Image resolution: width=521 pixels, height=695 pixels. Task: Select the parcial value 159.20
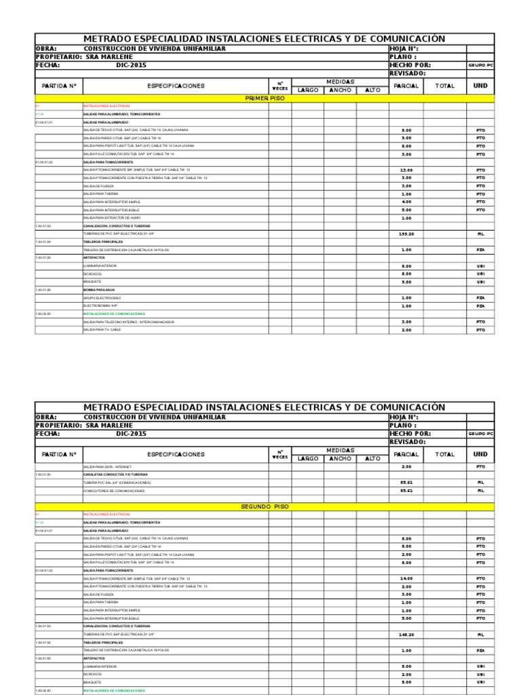pyautogui.click(x=406, y=234)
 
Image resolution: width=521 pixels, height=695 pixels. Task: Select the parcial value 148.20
pyautogui.click(x=406, y=635)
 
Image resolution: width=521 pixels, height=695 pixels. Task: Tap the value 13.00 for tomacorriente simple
pyautogui.click(x=406, y=170)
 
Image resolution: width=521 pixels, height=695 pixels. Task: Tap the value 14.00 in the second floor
pyautogui.click(x=406, y=578)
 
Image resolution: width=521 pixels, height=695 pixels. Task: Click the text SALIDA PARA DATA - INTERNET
pyautogui.click(x=109, y=468)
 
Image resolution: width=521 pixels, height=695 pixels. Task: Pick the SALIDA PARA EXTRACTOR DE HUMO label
pyautogui.click(x=111, y=218)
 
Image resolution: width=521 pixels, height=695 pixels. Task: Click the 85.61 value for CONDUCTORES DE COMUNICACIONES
pyautogui.click(x=406, y=491)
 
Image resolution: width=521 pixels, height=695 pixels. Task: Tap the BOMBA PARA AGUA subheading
pyautogui.click(x=99, y=290)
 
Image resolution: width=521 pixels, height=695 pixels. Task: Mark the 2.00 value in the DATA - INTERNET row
pyautogui.click(x=406, y=467)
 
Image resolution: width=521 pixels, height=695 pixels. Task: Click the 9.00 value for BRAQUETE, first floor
pyautogui.click(x=406, y=282)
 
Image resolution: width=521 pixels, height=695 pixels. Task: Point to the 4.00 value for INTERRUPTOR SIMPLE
pyautogui.click(x=406, y=202)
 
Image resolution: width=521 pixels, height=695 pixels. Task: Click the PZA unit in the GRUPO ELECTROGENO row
pyautogui.click(x=480, y=298)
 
